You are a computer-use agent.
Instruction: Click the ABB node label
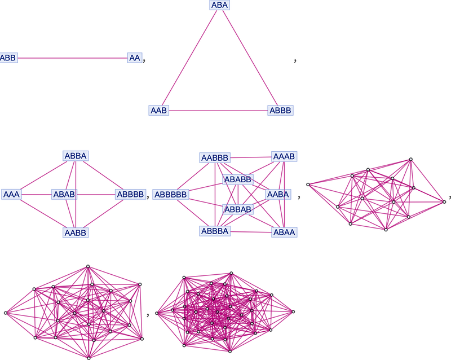point(8,58)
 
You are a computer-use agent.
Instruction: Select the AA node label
point(135,58)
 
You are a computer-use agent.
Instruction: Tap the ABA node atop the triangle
point(219,5)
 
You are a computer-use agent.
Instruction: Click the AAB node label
point(159,110)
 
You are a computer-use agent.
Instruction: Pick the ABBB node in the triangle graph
point(280,110)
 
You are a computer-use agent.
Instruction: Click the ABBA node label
point(76,156)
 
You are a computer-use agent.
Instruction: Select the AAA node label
point(11,195)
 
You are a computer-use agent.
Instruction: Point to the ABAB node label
point(64,195)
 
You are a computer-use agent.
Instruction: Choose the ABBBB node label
point(131,195)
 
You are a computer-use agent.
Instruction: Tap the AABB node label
point(76,232)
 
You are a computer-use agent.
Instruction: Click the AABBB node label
point(215,158)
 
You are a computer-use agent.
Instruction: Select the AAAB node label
point(284,156)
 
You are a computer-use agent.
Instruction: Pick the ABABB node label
point(238,179)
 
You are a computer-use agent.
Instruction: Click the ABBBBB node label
point(171,195)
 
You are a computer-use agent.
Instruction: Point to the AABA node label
point(278,195)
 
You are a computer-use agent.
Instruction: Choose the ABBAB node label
point(238,209)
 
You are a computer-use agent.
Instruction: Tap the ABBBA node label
point(215,231)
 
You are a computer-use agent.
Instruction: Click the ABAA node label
point(284,232)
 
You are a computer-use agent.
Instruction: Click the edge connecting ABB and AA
point(73,58)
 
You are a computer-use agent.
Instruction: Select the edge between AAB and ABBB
point(218,111)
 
